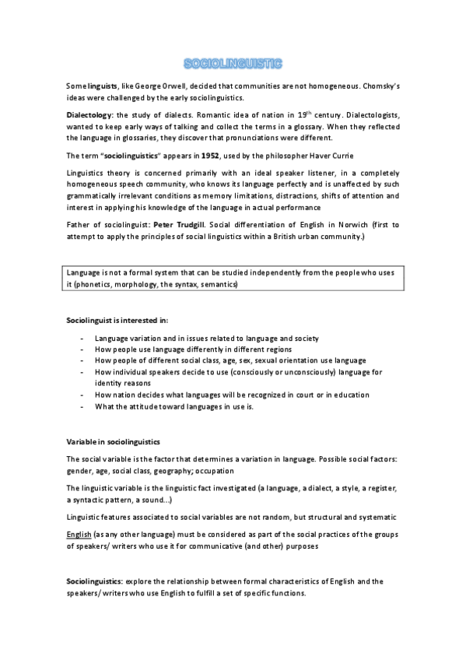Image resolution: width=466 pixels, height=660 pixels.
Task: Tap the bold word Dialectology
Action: pos(90,114)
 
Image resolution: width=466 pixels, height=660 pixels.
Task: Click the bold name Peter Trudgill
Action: pos(181,224)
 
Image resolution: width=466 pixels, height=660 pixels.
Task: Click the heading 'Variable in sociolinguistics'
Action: pos(114,442)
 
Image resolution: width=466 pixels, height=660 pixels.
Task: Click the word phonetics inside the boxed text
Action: pos(97,286)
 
